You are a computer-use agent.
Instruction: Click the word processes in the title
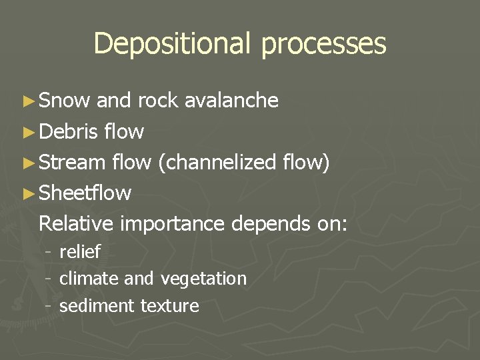[x=323, y=44]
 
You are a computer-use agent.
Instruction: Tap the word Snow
[x=65, y=101]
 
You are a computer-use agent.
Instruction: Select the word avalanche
[x=231, y=101]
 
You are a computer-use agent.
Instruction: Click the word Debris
[x=69, y=131]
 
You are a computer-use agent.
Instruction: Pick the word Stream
[x=73, y=162]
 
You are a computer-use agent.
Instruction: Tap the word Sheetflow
[x=85, y=193]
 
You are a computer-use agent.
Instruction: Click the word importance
[x=173, y=224]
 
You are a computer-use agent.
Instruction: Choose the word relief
[x=80, y=252]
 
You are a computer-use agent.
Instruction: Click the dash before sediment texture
[x=48, y=306]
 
